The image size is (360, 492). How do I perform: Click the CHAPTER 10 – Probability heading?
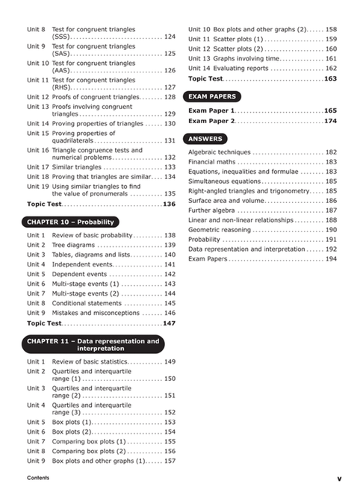(72, 222)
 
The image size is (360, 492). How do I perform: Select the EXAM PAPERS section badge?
(213, 96)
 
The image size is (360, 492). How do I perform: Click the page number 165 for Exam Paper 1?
(330, 110)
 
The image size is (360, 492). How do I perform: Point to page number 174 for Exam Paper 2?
(330, 121)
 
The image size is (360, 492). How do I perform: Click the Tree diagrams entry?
(75, 245)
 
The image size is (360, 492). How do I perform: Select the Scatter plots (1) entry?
(238, 39)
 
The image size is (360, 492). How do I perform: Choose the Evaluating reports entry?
(242, 68)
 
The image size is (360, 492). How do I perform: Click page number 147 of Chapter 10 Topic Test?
(169, 323)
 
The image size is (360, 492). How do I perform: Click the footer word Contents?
(37, 477)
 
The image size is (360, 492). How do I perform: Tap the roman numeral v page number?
(338, 478)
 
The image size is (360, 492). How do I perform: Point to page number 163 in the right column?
(330, 78)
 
